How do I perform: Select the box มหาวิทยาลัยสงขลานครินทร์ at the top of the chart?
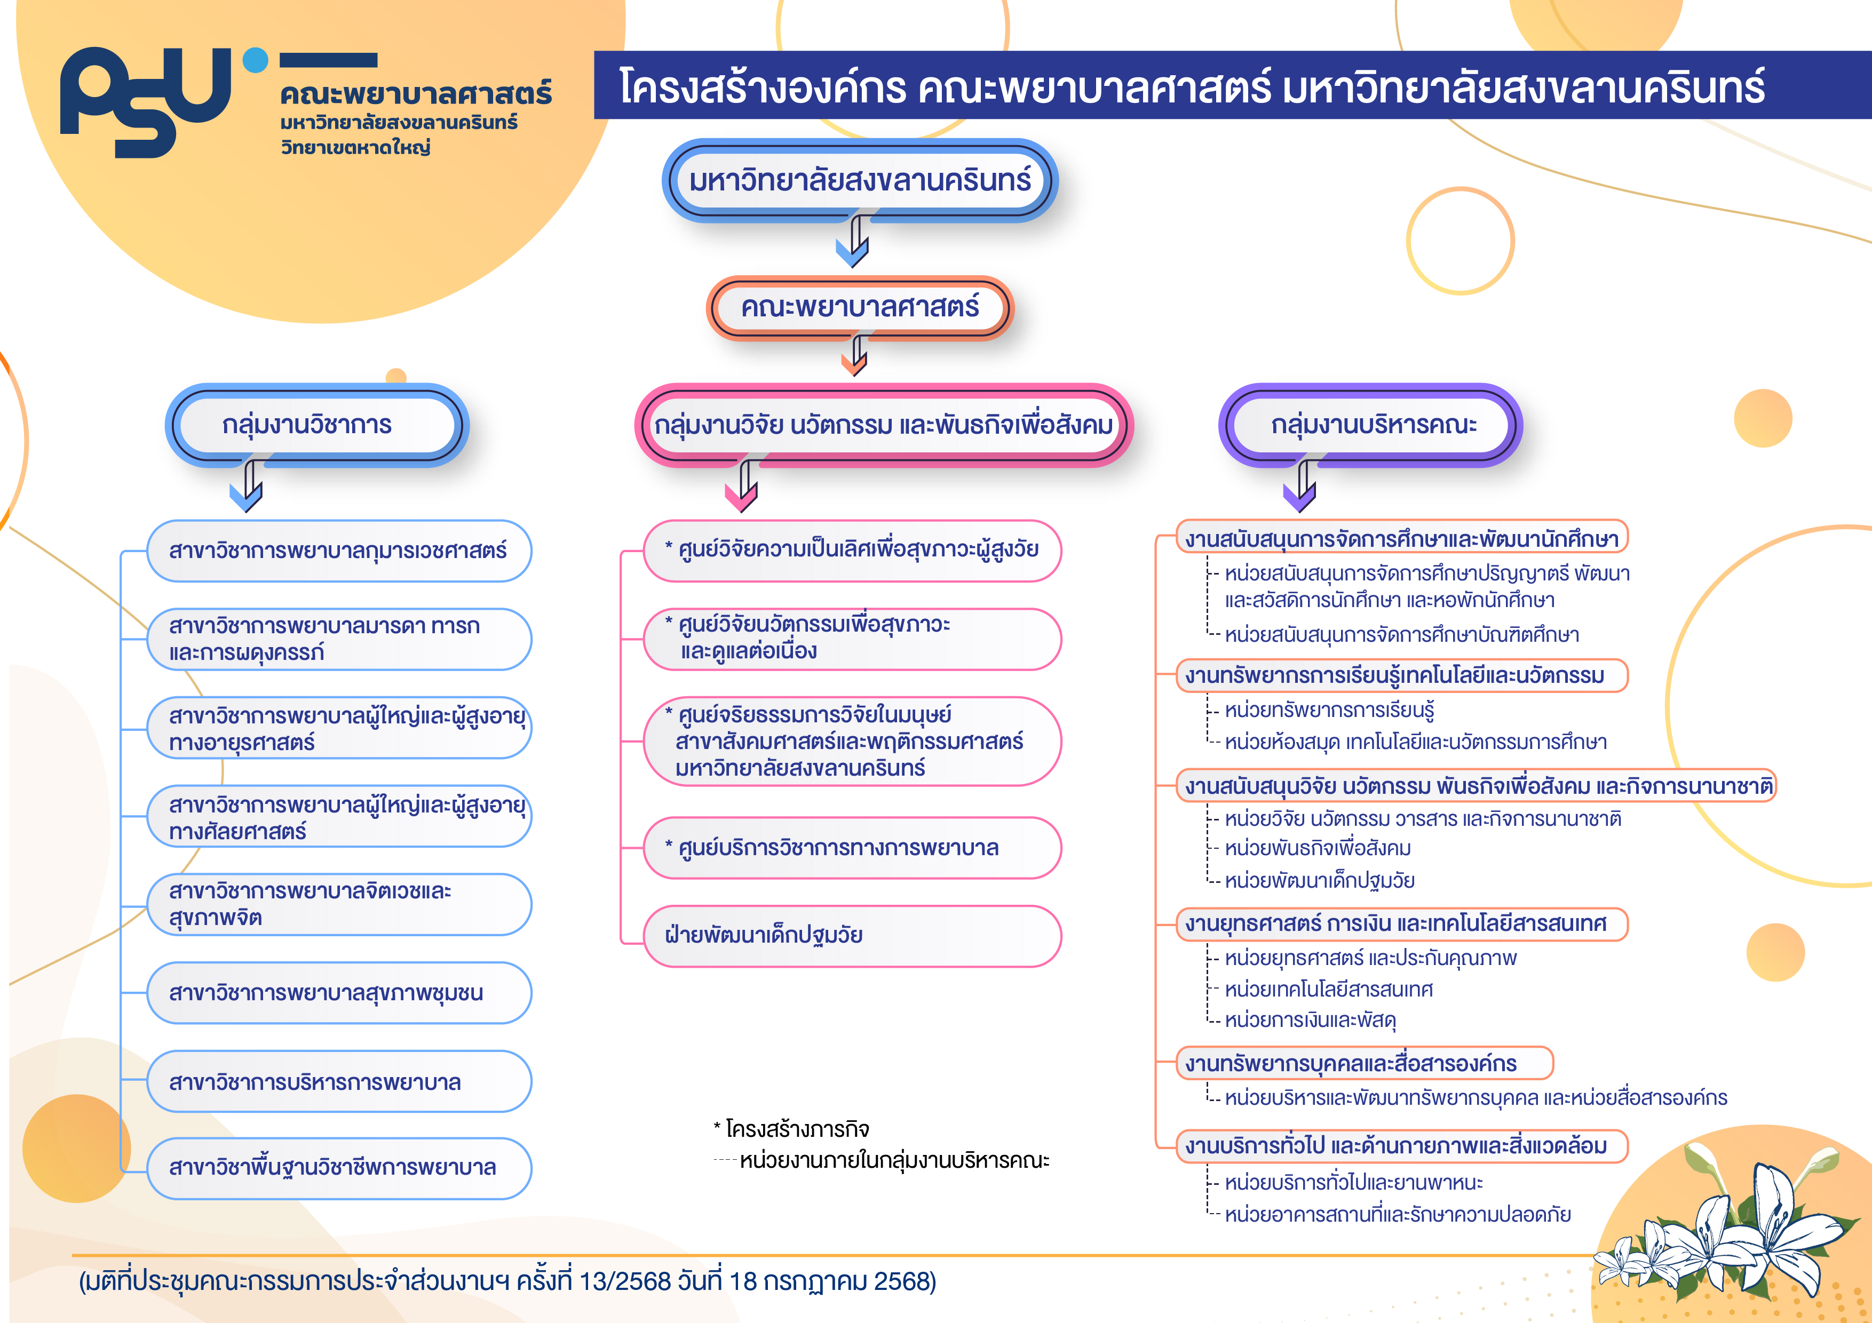click(859, 180)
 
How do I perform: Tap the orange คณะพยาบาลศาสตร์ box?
click(859, 307)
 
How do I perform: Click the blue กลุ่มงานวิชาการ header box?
click(316, 425)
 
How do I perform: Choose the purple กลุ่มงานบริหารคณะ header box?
click(1370, 425)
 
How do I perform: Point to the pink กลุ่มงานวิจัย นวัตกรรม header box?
click(884, 425)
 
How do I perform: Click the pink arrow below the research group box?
click(742, 487)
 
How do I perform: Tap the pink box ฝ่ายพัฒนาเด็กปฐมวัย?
click(852, 936)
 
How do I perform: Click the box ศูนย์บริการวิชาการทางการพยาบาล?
click(852, 848)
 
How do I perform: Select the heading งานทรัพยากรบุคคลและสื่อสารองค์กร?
click(1364, 1063)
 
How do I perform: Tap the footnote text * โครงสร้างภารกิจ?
click(791, 1129)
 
